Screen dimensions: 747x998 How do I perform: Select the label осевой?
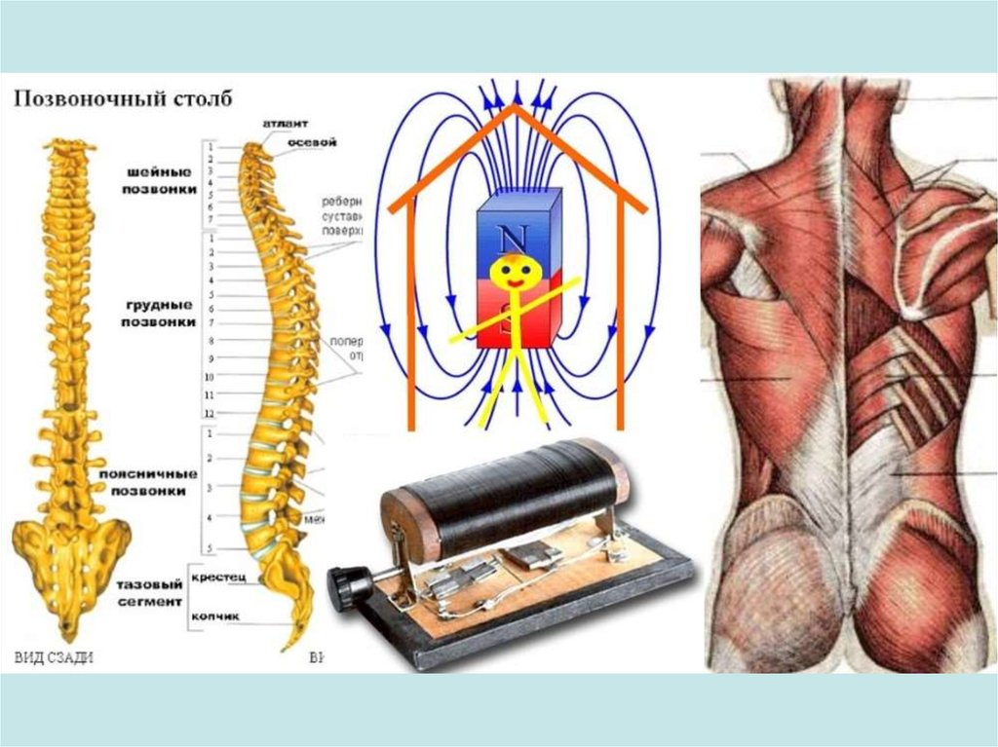coord(313,142)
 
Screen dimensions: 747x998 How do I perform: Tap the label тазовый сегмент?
coord(148,593)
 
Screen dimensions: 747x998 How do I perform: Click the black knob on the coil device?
coord(345,586)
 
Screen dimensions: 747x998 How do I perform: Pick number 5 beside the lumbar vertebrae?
coord(210,548)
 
